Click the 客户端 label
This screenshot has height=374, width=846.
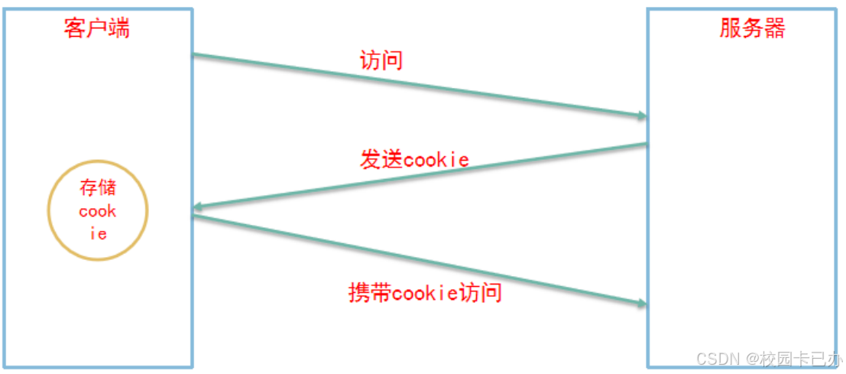click(96, 29)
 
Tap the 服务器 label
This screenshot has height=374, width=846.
click(752, 29)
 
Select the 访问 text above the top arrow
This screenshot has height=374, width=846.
click(381, 60)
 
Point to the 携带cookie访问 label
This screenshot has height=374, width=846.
click(425, 292)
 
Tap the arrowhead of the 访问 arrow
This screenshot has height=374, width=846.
click(642, 115)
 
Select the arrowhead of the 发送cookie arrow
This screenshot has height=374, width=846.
click(197, 207)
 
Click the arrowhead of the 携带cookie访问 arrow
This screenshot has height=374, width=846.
click(642, 304)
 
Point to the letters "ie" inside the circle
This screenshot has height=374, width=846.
click(99, 234)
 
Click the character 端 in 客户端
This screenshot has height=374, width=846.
click(118, 29)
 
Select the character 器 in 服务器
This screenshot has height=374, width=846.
click(774, 29)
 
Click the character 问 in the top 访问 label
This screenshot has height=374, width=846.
click(392, 60)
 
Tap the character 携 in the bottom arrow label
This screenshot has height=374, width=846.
click(358, 292)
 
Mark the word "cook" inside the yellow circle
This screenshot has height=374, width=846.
click(98, 212)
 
